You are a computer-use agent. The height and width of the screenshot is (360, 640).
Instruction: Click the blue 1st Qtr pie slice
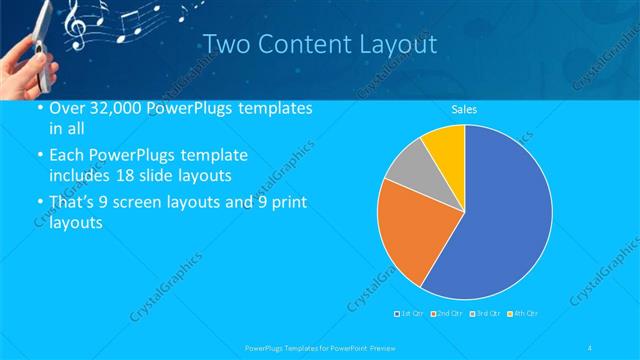(x=500, y=220)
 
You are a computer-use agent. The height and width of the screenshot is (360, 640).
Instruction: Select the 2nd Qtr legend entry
(x=446, y=315)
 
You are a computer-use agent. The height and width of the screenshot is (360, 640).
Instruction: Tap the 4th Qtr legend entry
(x=522, y=315)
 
